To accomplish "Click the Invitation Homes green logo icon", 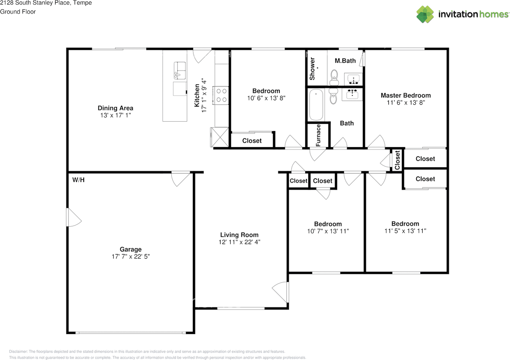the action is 425,14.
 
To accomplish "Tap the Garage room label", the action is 131,249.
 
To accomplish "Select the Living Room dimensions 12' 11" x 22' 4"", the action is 239,242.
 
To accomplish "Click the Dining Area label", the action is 116,108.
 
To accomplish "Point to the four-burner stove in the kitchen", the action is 221,95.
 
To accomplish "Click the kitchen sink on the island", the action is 180,71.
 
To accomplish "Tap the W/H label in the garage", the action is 78,180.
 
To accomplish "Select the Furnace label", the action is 318,135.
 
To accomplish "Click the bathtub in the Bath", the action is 316,104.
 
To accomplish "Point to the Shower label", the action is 312,69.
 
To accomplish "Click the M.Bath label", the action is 345,61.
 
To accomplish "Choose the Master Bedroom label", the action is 406,95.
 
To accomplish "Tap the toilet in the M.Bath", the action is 334,77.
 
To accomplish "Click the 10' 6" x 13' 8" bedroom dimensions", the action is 266,98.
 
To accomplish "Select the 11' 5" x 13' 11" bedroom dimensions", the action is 405,231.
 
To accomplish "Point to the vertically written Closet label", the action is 397,160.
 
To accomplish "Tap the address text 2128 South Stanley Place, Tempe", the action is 46,3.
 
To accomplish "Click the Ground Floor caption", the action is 18,12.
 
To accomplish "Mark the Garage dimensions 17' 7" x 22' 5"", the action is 131,257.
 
